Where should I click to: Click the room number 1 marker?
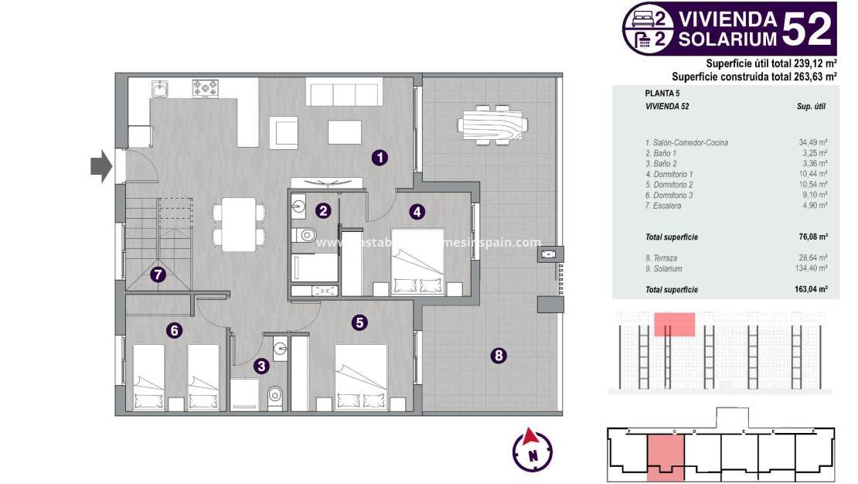(379, 158)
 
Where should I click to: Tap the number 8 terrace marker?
(499, 356)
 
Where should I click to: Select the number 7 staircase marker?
(158, 274)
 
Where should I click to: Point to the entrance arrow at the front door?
(100, 166)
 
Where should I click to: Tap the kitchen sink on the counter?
(160, 90)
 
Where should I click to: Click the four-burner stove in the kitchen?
(206, 89)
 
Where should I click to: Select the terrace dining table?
(492, 124)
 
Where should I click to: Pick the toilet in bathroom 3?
(275, 397)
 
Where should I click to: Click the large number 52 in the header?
(808, 29)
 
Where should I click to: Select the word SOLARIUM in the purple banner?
(727, 38)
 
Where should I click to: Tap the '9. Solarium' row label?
(663, 268)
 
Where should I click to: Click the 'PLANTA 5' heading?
(662, 93)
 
